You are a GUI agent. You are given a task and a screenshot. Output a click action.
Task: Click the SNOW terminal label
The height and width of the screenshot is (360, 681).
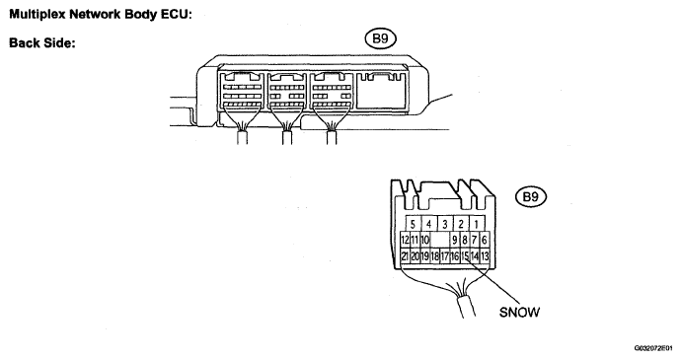(x=519, y=312)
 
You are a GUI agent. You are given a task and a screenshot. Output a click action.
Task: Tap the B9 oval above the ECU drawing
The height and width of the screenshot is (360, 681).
(x=380, y=38)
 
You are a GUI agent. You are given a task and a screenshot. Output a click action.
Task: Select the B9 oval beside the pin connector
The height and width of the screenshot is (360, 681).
(x=531, y=196)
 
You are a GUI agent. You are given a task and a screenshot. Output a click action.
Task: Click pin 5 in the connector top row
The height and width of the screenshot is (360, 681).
(x=413, y=224)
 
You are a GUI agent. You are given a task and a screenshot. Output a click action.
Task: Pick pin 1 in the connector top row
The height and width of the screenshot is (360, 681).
(x=477, y=224)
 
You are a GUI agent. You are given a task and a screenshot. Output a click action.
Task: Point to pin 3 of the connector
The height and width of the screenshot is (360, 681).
(x=445, y=224)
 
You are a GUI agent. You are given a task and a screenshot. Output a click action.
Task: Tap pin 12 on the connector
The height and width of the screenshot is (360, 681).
(x=405, y=240)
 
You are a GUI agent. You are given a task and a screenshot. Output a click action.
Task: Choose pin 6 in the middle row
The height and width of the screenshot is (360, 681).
(x=485, y=240)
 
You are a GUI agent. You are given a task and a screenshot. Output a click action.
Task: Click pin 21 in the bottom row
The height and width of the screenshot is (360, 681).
(x=405, y=256)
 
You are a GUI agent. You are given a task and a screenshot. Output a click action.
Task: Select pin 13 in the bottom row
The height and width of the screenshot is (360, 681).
(x=485, y=256)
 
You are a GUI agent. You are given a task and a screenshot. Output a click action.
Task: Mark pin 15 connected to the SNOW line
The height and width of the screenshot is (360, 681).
(x=465, y=256)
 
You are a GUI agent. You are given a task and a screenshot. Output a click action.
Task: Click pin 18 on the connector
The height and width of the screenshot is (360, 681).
(x=434, y=256)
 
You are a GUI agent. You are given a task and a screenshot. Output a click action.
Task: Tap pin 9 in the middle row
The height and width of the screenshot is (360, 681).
(x=455, y=240)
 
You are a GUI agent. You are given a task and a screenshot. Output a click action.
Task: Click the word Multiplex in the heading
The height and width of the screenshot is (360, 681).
(x=37, y=15)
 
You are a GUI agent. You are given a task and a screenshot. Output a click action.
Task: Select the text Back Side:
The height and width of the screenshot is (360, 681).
(x=42, y=43)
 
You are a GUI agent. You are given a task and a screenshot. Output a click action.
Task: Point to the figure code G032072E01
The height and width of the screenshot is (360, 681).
(x=653, y=348)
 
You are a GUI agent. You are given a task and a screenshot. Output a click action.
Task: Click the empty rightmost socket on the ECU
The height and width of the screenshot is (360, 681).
(x=382, y=91)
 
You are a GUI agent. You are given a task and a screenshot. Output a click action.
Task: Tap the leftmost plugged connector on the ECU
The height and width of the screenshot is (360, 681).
(x=242, y=91)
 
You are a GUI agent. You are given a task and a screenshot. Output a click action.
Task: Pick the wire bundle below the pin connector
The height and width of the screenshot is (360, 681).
(x=465, y=306)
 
